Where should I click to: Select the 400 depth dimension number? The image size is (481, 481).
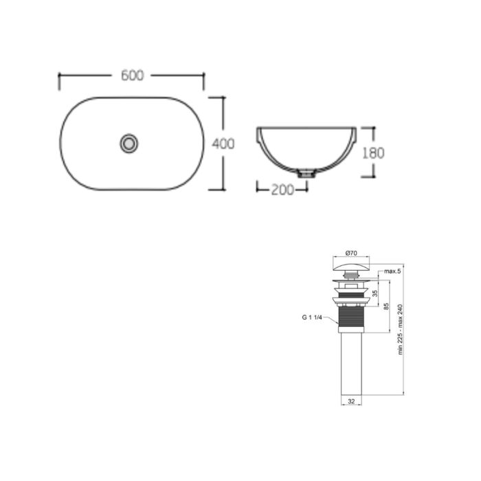[223, 144]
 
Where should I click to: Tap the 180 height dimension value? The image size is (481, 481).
[374, 153]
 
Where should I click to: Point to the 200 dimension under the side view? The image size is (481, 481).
[282, 189]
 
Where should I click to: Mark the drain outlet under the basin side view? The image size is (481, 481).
[304, 174]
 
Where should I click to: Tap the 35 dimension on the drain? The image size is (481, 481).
[374, 293]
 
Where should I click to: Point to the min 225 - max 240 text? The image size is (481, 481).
[401, 331]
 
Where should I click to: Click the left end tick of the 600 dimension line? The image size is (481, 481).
[60, 81]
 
